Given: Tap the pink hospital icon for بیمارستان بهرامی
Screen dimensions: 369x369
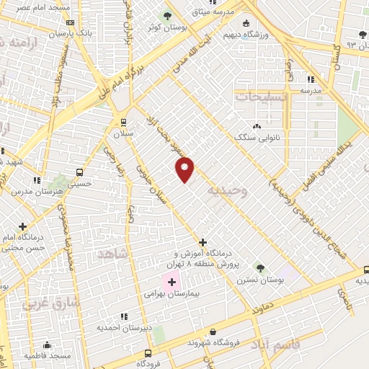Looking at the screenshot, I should (172, 280).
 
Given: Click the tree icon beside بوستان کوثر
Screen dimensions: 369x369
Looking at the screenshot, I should (167, 14).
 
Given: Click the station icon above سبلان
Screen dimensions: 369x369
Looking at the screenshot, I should (124, 122).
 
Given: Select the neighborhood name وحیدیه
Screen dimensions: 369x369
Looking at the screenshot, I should (228, 190).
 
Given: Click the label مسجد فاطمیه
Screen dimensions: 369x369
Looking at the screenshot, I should (47, 355).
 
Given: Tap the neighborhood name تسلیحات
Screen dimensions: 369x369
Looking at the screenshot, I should (261, 96).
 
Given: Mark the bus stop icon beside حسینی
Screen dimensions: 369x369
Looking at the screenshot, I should (79, 173).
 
